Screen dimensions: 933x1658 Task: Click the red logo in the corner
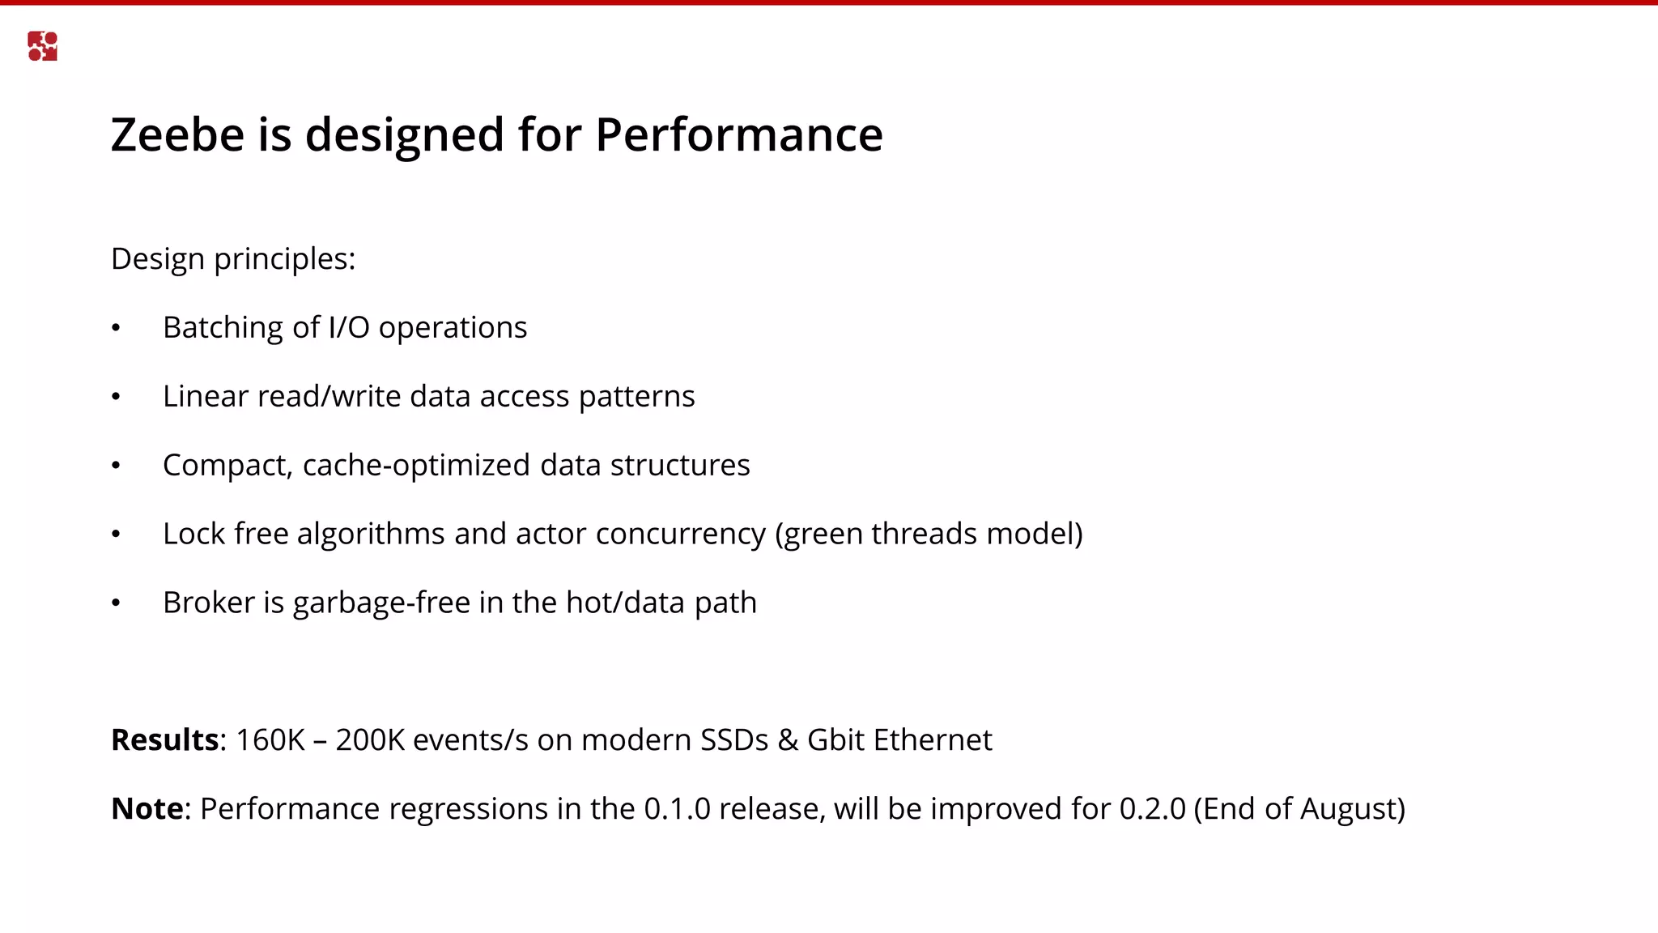pos(42,46)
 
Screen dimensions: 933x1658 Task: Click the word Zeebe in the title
pos(177,134)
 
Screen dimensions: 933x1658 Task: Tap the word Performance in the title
pos(738,134)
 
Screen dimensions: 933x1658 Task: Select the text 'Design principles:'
pos(233,259)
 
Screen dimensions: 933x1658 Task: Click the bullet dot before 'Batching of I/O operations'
pos(116,328)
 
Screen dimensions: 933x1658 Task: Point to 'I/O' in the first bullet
pos(349,328)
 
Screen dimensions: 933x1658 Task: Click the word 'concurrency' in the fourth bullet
pos(680,535)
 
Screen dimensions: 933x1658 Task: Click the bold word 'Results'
pos(164,740)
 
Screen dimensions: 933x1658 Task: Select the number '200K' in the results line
pos(369,740)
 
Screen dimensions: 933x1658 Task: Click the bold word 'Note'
pos(147,809)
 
